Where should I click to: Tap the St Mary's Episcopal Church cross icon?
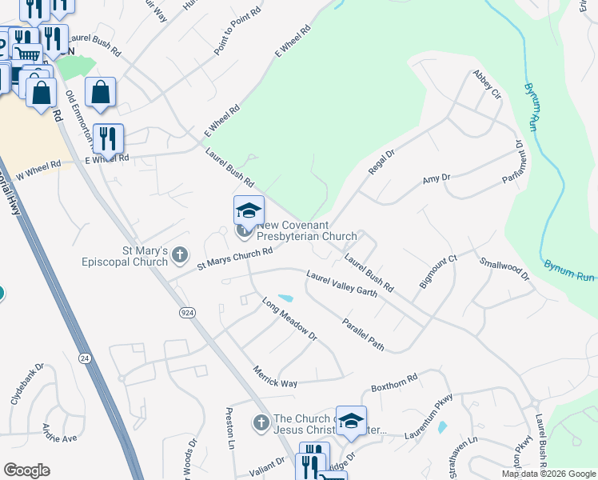click(181, 255)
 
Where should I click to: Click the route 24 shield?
click(83, 357)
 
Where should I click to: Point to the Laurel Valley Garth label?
click(341, 284)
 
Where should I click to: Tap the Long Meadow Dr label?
click(289, 318)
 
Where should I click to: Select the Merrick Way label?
click(275, 378)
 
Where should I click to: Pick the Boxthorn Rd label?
click(394, 383)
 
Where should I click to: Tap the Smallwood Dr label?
click(504, 268)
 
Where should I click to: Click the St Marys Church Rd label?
click(235, 258)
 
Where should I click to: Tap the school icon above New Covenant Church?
click(249, 210)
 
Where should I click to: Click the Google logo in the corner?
click(26, 470)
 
